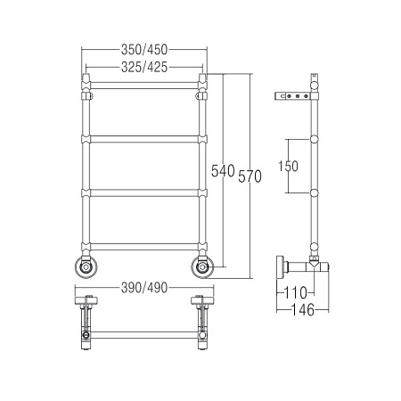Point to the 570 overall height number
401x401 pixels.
click(x=250, y=176)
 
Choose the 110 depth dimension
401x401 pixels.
click(x=296, y=291)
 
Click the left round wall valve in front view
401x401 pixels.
click(x=86, y=266)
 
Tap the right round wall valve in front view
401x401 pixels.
click(x=200, y=266)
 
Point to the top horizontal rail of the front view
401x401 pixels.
click(x=143, y=87)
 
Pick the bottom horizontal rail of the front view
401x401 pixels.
click(x=143, y=245)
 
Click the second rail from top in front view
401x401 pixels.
click(x=143, y=138)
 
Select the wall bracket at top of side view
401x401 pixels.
click(x=294, y=95)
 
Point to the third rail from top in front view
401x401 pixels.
click(x=143, y=192)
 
